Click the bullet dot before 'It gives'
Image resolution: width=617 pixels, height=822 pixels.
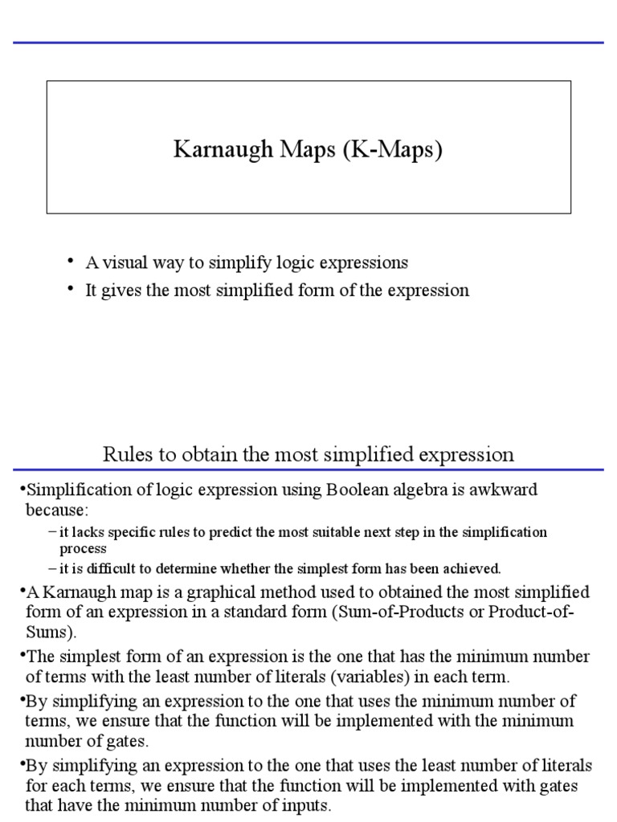pyautogui.click(x=71, y=289)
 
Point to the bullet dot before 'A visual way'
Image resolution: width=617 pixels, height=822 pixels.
pyautogui.click(x=71, y=261)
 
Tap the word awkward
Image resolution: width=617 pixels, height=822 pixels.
pyautogui.click(x=502, y=490)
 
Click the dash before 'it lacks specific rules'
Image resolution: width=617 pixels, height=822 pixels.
pyautogui.click(x=52, y=532)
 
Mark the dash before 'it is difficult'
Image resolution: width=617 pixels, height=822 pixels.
pyautogui.click(x=52, y=569)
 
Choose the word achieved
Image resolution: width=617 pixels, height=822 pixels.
pyautogui.click(x=472, y=569)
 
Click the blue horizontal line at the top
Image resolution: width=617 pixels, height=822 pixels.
pyautogui.click(x=308, y=43)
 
